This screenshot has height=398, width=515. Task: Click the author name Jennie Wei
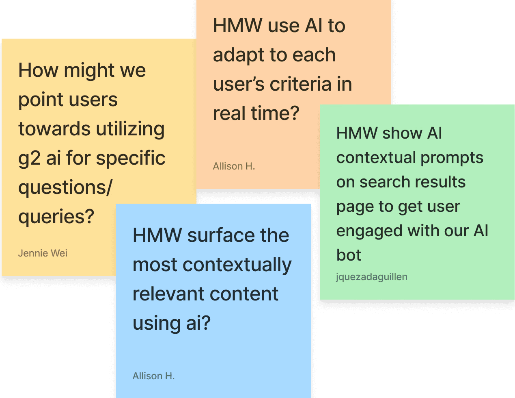pos(43,253)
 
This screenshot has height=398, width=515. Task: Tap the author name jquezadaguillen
pos(371,277)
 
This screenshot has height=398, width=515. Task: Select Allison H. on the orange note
pos(234,166)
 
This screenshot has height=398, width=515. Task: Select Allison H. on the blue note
pos(153,376)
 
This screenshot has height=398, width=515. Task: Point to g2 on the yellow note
pos(29,159)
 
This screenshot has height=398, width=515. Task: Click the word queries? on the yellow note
pos(56,217)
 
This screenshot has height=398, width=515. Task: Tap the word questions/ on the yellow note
pos(65,187)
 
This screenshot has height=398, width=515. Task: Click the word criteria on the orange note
pos(301,84)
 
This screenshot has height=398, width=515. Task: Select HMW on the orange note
pos(238,26)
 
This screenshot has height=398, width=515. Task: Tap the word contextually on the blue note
pos(237,265)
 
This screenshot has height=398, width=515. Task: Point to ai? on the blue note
pos(198,323)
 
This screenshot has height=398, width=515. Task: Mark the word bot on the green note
pos(349,255)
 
